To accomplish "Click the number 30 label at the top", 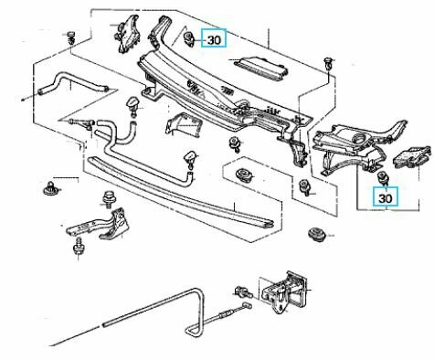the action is click(214, 38).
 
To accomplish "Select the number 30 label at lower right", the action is click(386, 197).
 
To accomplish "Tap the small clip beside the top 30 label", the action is click(189, 39).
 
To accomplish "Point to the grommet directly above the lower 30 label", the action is click(382, 177).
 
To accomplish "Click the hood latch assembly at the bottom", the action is click(285, 291).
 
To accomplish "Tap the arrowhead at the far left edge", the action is click(22, 99).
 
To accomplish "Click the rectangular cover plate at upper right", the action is click(261, 69).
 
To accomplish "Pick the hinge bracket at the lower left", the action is click(100, 225).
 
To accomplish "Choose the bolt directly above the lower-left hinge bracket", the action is click(109, 198).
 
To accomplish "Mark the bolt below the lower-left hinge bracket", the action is click(79, 247).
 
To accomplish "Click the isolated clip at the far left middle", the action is click(49, 188).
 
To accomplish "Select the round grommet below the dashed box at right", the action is click(316, 234).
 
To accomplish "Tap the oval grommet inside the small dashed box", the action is click(244, 175).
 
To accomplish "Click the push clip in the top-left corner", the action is click(71, 37).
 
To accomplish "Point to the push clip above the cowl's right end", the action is click(329, 63).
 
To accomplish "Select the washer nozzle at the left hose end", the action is click(134, 106).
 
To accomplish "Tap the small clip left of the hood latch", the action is click(243, 291).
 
